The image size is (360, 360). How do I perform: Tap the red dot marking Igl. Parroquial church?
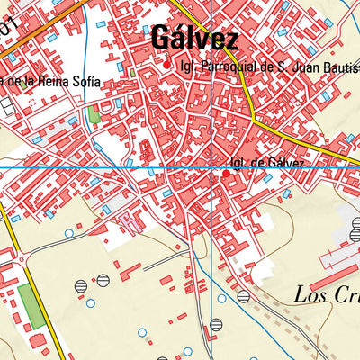click(166, 64)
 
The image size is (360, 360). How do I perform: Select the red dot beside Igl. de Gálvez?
click(225, 164)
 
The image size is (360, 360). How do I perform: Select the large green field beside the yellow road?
click(32, 306)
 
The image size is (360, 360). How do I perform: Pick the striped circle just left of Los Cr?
click(243, 295)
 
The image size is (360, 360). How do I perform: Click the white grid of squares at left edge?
click(7, 105)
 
